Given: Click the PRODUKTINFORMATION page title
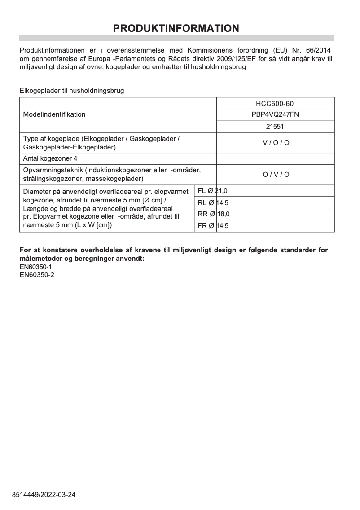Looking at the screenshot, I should (x=176, y=28).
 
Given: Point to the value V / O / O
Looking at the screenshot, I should (x=276, y=143).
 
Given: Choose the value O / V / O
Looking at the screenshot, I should (x=276, y=174).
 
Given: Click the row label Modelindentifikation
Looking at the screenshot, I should (x=54, y=114).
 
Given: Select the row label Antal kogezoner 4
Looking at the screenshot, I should (x=50, y=158).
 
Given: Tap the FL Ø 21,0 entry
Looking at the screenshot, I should (x=212, y=191).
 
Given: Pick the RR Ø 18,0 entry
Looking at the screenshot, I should (x=213, y=214).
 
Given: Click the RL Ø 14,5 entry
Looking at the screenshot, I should (x=213, y=202).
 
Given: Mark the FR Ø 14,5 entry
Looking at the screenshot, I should (x=213, y=226).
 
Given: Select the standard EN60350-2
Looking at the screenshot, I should (x=37, y=275).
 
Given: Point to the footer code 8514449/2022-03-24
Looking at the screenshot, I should (x=44, y=495).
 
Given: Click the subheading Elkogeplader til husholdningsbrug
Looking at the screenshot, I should (x=72, y=91).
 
